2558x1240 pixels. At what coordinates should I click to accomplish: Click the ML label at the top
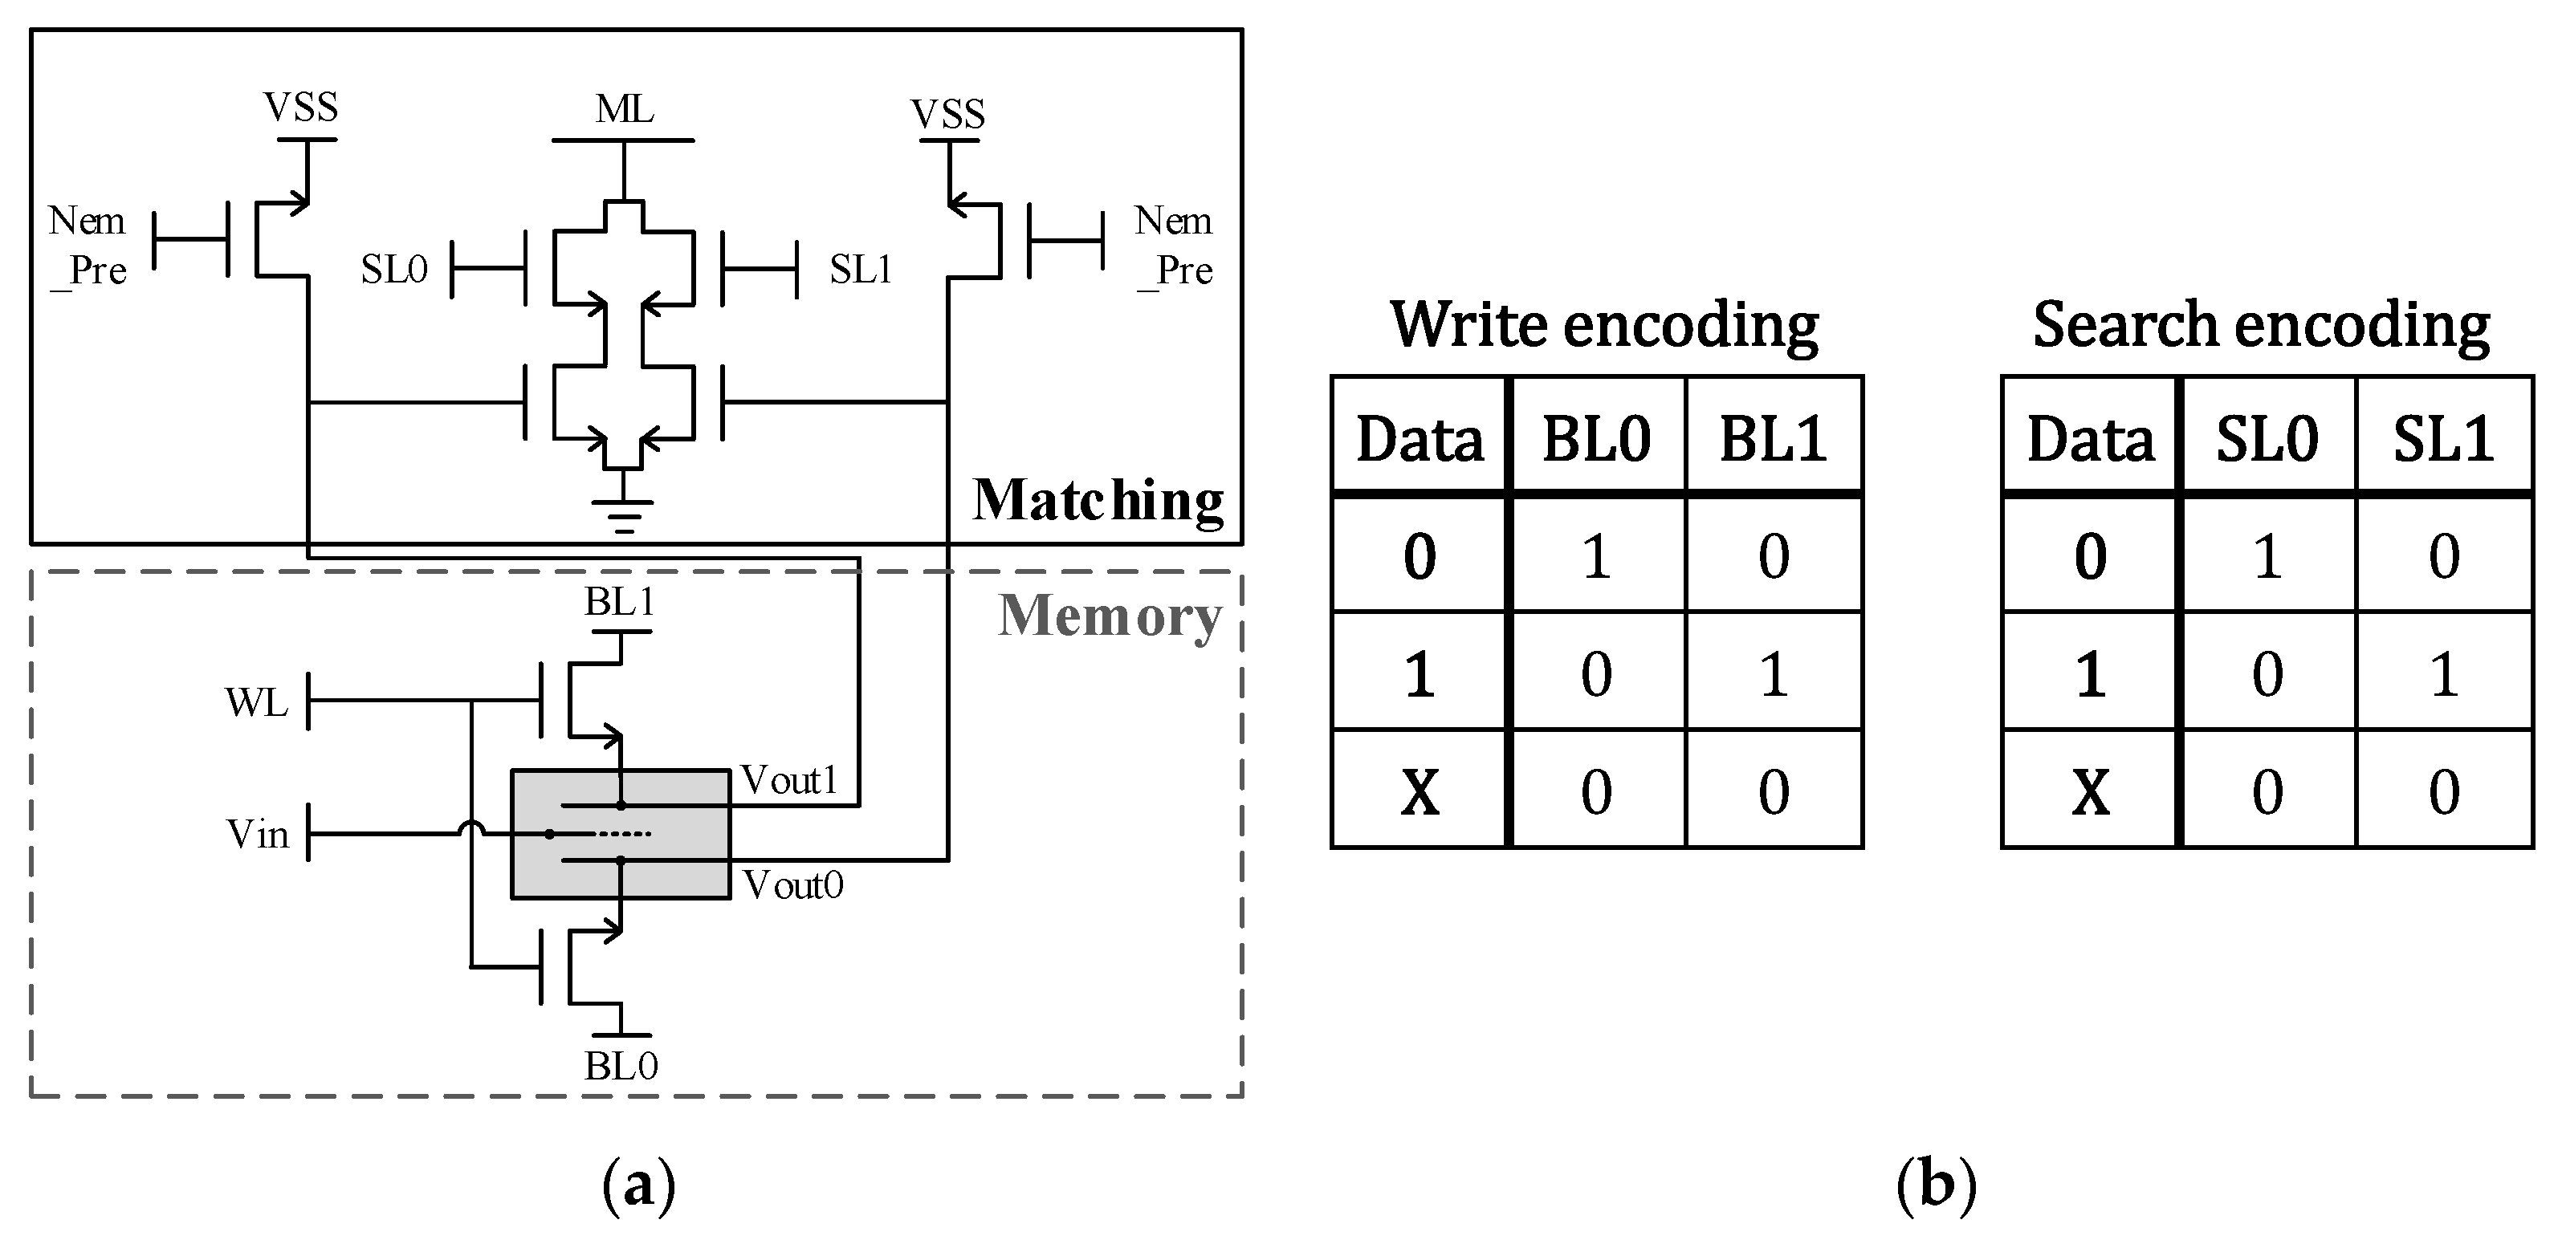click(625, 109)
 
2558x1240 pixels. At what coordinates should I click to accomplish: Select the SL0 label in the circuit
click(394, 269)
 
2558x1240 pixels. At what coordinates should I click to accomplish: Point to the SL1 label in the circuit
click(861, 269)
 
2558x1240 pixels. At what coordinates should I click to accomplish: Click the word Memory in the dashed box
click(1110, 616)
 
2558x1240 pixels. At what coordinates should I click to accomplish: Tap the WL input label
click(256, 703)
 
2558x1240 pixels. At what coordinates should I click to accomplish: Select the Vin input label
click(257, 834)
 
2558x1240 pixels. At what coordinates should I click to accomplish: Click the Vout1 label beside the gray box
click(789, 780)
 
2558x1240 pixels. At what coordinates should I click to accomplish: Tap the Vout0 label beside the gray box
click(792, 884)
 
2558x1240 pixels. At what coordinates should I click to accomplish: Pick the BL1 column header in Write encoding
click(1774, 438)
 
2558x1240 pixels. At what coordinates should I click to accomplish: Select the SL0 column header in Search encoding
click(2267, 438)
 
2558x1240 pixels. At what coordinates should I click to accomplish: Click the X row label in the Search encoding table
click(2090, 792)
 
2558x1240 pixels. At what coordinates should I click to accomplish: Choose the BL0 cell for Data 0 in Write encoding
click(1596, 556)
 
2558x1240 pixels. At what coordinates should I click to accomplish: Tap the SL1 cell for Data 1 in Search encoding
click(2444, 674)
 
